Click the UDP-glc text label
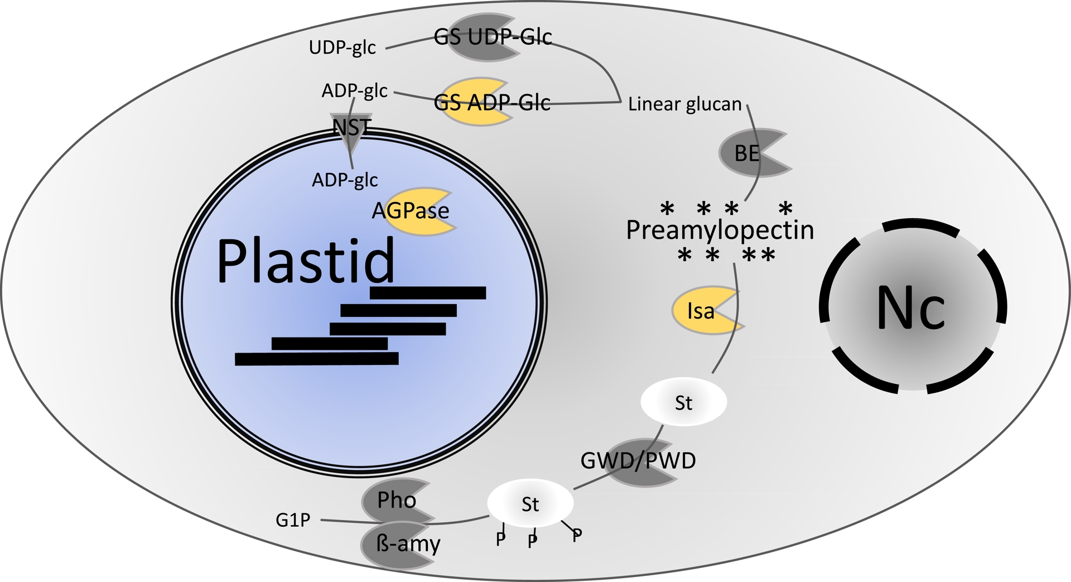tap(342, 47)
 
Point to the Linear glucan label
tap(684, 104)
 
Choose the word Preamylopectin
tap(720, 230)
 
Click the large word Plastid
tap(305, 261)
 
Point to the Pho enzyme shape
tap(395, 500)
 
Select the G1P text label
tap(293, 520)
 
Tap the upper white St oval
tap(683, 402)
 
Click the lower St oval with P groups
tap(530, 504)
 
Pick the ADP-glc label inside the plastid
tap(345, 180)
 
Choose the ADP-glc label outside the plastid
tap(354, 90)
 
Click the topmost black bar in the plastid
tap(428, 293)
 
